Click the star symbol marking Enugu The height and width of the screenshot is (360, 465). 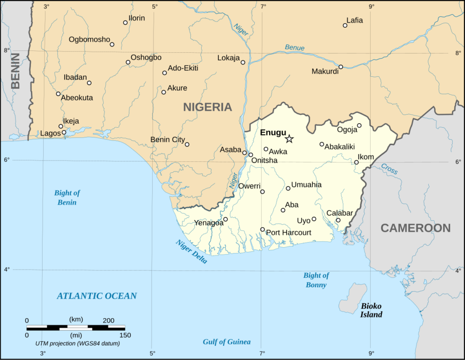pos(289,139)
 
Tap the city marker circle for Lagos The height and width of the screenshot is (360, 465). pos(64,133)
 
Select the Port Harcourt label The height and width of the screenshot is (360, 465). pos(288,233)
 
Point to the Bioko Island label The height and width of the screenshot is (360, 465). pos(371,310)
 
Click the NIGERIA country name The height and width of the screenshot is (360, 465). pos(208,107)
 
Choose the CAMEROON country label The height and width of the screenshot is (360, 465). pos(416,228)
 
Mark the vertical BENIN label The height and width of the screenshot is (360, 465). pos(15,70)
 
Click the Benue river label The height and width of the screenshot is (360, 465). pos(295,48)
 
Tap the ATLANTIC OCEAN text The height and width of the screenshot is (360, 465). pos(96,296)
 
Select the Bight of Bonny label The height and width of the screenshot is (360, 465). pos(316,280)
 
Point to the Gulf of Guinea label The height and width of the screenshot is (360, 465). pos(227,342)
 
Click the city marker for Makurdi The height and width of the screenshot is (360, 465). pos(341,67)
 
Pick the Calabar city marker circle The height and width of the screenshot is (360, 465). pos(338,220)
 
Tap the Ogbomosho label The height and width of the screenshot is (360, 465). pos(89,40)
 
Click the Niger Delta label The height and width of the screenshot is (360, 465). pos(192,251)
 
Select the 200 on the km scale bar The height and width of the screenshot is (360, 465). pos(108,320)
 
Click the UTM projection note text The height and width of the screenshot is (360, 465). pos(78,343)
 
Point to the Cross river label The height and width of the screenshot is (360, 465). pos(389,169)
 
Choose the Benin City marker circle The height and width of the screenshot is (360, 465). pos(187,145)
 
